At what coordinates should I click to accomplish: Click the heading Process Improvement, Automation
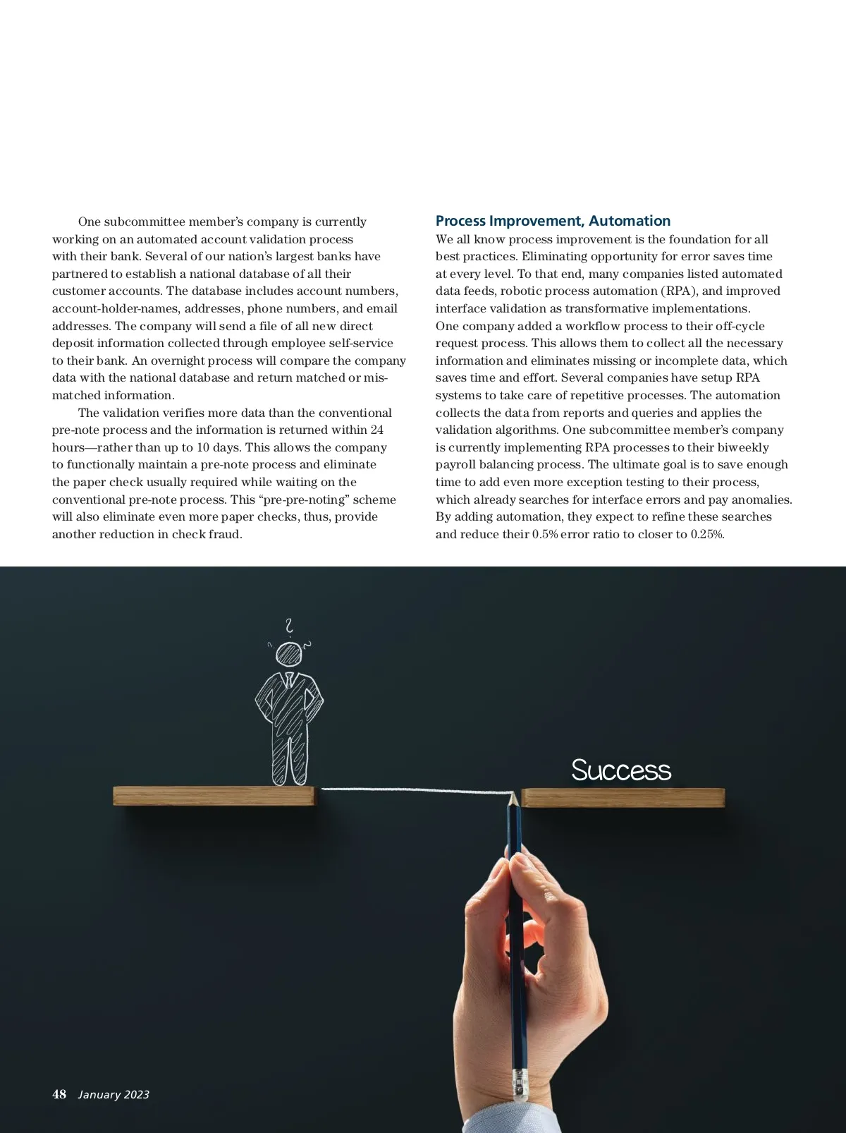point(553,221)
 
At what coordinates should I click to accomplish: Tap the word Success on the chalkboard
point(620,770)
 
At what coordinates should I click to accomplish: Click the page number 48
point(59,1094)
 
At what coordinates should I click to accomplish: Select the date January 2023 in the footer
point(114,1095)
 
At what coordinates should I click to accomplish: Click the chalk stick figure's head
point(289,654)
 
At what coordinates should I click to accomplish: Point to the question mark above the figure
point(288,625)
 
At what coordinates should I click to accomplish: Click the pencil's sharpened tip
point(513,796)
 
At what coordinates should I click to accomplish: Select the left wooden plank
point(214,796)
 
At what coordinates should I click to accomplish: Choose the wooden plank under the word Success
point(623,797)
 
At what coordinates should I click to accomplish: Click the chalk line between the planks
point(416,789)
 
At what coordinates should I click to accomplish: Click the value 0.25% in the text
point(707,534)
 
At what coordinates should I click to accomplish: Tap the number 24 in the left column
point(376,430)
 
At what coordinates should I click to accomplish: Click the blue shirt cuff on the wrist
point(536,1118)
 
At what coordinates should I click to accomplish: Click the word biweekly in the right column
point(743,447)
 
